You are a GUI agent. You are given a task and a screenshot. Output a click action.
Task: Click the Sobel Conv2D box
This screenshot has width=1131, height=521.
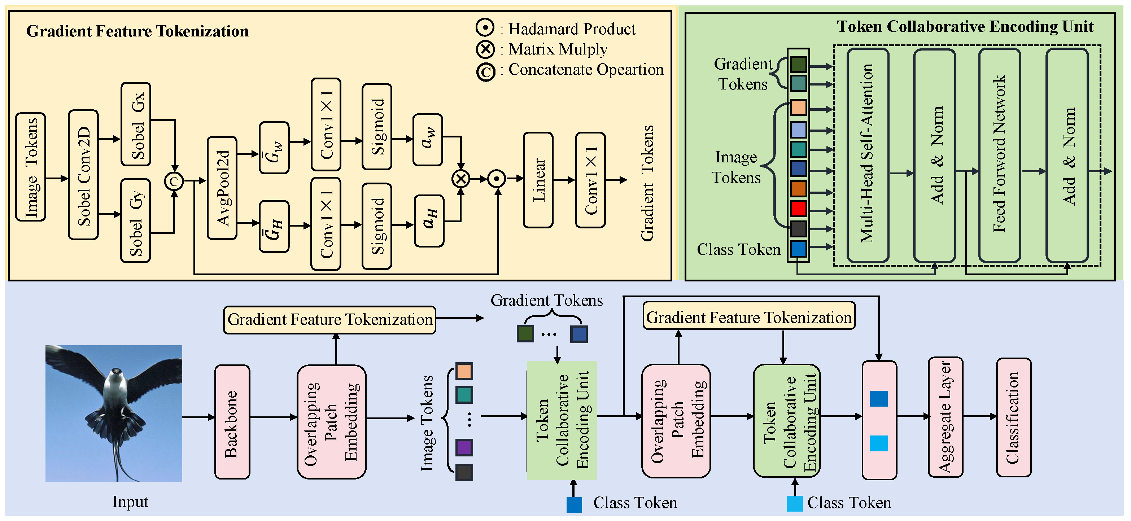point(83,175)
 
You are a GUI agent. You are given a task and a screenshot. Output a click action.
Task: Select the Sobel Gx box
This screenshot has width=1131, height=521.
point(136,124)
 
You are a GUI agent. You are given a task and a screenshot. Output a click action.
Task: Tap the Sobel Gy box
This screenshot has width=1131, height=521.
point(136,221)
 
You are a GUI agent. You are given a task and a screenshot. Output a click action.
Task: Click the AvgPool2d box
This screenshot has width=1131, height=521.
point(222,188)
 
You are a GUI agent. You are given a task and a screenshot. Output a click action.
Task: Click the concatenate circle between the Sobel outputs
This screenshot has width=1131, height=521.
point(174,181)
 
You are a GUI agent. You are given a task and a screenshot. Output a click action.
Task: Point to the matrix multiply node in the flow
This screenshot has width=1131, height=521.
point(461,179)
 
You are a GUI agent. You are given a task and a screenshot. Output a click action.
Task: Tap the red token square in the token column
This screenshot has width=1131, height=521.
point(798,209)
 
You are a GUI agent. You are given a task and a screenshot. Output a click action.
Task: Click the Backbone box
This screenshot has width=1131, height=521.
point(232,422)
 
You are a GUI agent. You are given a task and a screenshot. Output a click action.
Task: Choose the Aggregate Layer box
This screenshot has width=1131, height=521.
point(945,417)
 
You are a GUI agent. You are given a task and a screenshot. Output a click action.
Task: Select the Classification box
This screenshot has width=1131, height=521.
point(1013,417)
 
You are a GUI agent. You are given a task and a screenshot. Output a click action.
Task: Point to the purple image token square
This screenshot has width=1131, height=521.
point(464,447)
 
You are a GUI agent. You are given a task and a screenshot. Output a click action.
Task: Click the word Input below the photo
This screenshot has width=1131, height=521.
point(130,501)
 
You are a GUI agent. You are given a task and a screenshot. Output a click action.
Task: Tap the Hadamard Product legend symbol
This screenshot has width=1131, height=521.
point(485,28)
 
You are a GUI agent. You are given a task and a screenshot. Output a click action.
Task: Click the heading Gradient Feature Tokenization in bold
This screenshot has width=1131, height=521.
point(137,31)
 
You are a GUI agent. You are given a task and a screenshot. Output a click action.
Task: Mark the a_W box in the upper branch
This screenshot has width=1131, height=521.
point(428,140)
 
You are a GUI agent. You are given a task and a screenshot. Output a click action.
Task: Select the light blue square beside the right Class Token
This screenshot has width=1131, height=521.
point(795,503)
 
